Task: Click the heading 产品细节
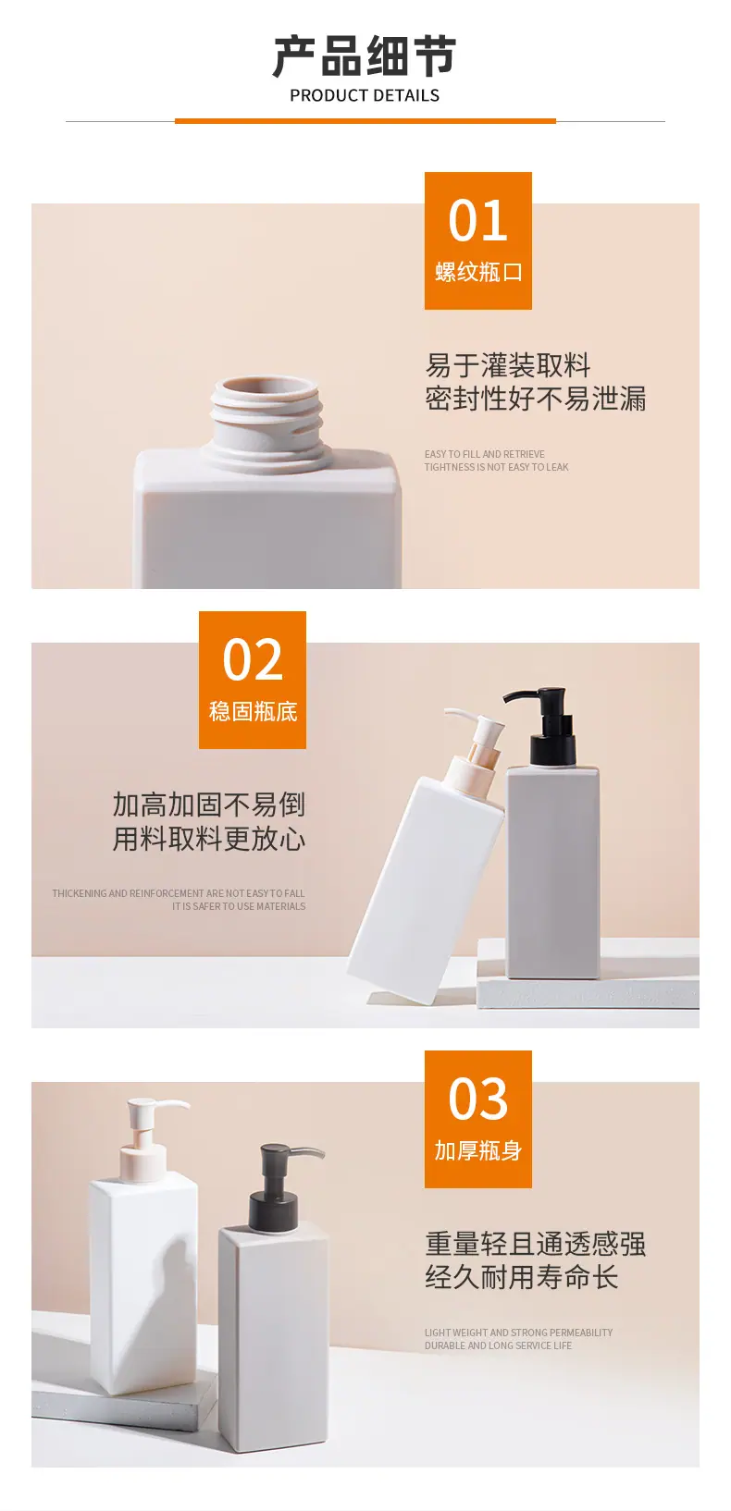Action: coord(365,56)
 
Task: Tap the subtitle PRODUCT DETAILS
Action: coord(365,96)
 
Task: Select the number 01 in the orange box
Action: coord(477,221)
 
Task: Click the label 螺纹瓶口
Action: coord(477,272)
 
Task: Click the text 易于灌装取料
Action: coord(508,365)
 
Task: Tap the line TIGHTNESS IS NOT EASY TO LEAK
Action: coord(496,467)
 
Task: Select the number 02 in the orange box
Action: coord(253,659)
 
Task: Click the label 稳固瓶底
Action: coord(253,711)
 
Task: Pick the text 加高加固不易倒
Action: coord(208,805)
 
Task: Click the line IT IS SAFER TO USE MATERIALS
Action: coord(238,906)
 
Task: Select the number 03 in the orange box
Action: coord(477,1099)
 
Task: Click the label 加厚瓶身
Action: coord(477,1150)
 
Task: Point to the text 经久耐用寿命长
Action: coord(521,1277)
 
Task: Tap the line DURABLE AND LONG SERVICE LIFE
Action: coord(498,1345)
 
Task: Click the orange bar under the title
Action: coord(365,121)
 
